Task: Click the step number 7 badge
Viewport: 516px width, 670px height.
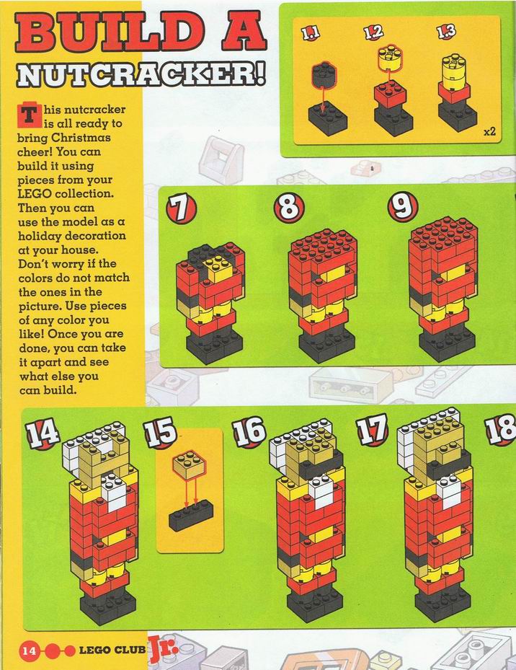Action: (181, 208)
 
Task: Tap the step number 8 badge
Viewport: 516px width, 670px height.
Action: (289, 208)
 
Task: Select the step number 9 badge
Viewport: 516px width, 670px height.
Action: (402, 206)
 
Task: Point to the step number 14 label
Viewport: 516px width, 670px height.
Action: (42, 433)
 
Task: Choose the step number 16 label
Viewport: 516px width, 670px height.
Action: (249, 431)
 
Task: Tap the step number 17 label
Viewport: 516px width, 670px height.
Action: (372, 429)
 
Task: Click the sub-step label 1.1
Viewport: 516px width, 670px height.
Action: (311, 33)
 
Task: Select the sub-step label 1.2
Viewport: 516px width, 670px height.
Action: (374, 32)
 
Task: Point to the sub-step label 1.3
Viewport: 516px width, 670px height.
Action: (446, 31)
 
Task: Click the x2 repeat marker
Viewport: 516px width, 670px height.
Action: (489, 131)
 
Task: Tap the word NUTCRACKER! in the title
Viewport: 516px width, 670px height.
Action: (141, 76)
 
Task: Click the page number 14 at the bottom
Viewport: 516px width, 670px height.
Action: (29, 651)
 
